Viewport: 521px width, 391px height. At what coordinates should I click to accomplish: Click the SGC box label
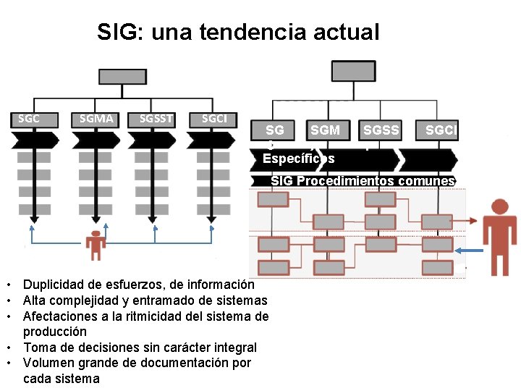[x=28, y=119]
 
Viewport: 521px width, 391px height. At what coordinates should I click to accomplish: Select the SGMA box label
[x=97, y=119]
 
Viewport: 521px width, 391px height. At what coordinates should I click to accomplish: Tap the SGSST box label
[x=156, y=119]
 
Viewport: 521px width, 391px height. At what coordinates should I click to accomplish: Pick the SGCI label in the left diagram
[x=213, y=119]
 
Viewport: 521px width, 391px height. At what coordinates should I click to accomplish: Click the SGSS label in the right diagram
[x=381, y=130]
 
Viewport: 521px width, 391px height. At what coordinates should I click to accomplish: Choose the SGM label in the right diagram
[x=325, y=130]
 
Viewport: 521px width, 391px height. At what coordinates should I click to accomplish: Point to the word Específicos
[x=298, y=158]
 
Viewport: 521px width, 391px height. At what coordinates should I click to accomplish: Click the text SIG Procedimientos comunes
[x=363, y=181]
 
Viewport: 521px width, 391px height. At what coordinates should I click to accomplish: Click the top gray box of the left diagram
[x=122, y=76]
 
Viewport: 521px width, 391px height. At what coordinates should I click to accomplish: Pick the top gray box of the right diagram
[x=353, y=70]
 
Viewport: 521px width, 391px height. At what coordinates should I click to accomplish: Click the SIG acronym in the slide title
[x=113, y=32]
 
